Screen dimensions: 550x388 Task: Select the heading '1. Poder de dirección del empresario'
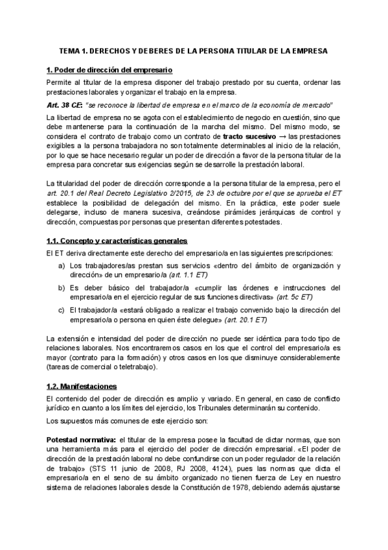109,70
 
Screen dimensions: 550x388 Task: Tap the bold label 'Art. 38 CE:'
64,105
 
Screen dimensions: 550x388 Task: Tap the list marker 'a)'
62,266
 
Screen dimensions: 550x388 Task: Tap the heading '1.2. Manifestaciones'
82,387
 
